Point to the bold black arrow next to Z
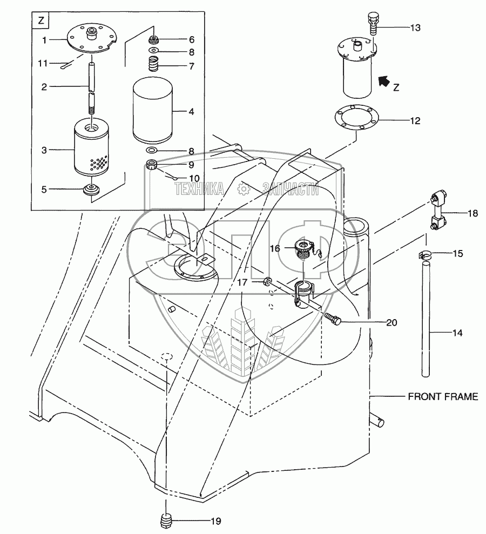click(384, 81)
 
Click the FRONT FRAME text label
click(442, 397)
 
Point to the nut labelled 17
click(267, 282)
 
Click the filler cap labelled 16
click(305, 250)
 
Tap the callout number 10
click(194, 178)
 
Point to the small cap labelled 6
click(154, 39)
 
